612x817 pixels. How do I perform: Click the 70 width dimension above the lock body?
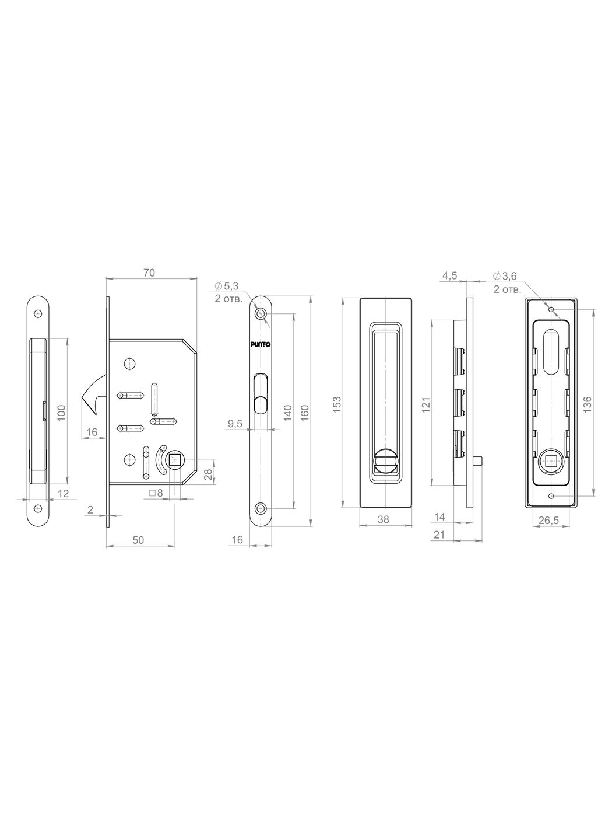(x=149, y=273)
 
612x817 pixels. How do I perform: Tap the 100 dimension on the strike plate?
(x=61, y=413)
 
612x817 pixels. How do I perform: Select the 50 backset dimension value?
(x=138, y=540)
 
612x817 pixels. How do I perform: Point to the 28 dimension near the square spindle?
(x=209, y=474)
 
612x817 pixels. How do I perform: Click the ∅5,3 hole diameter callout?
(x=227, y=286)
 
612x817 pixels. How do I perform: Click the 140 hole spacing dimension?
(x=288, y=413)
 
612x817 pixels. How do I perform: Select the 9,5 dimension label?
(x=235, y=424)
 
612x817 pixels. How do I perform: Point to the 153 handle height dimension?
(x=337, y=404)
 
